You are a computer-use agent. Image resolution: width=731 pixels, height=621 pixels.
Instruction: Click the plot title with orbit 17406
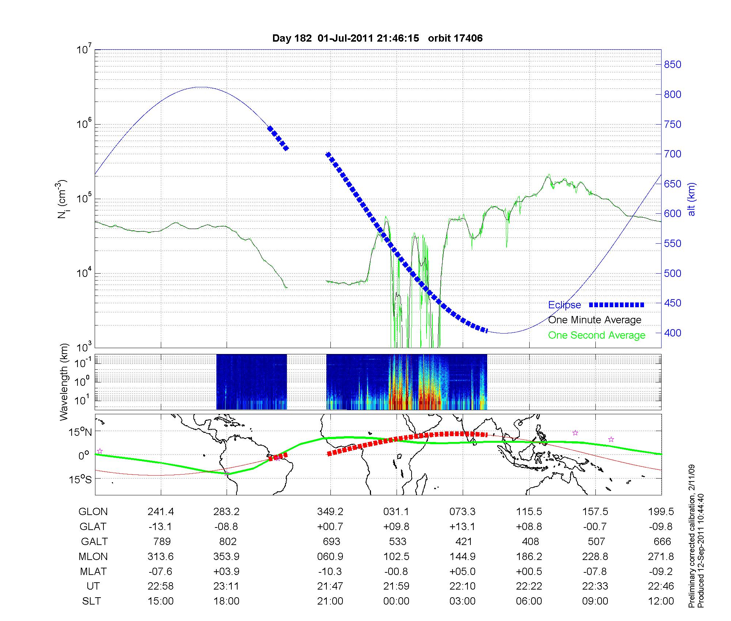[x=377, y=38]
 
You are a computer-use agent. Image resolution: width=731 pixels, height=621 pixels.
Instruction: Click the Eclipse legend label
[x=564, y=305]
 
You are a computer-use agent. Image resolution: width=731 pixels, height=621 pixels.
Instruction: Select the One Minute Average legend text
[x=595, y=320]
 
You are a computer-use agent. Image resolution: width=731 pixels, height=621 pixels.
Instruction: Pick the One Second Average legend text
[x=596, y=335]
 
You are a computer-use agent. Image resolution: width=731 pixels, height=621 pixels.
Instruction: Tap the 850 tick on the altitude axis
[x=673, y=65]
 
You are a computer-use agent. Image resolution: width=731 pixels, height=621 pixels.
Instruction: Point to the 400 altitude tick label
[x=673, y=333]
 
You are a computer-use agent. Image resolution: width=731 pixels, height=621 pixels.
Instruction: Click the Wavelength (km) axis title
[x=64, y=382]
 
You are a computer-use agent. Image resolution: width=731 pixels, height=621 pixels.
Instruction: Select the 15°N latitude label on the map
[x=81, y=433]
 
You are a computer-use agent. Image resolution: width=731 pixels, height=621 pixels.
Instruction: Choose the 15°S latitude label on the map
[x=81, y=479]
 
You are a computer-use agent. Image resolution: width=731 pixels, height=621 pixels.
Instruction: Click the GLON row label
[x=93, y=512]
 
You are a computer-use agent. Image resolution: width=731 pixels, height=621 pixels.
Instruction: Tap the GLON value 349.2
[x=330, y=512]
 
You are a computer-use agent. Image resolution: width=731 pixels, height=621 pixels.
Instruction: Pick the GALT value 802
[x=227, y=541]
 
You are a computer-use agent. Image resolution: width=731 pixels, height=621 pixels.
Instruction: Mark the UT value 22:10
[x=462, y=586]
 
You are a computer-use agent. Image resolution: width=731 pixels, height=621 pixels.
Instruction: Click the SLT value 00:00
[x=396, y=601]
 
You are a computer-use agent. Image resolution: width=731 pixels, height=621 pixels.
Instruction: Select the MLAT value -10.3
[x=330, y=571]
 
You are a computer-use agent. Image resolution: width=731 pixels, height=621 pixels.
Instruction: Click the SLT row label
[x=91, y=601]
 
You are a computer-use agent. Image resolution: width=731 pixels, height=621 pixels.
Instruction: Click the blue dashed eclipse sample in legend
[x=616, y=305]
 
